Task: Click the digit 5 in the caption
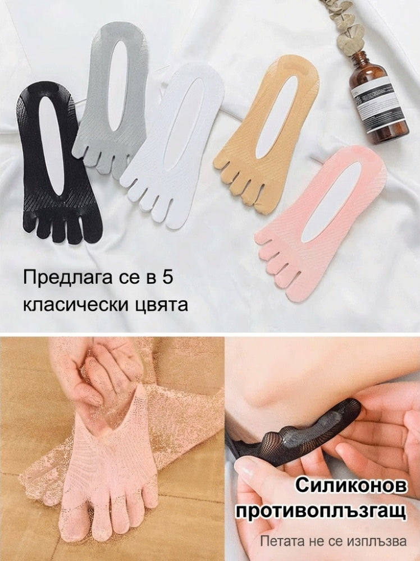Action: pos(167,277)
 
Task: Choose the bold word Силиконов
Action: pos(351,486)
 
